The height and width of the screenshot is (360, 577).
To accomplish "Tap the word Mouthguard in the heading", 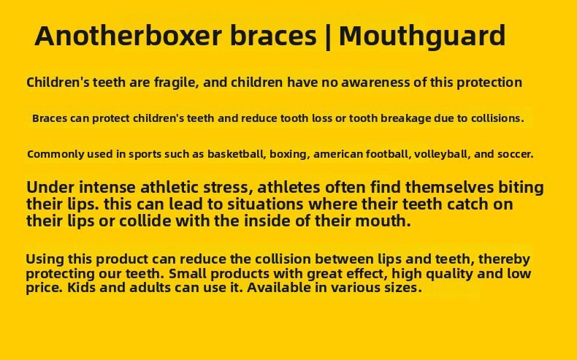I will [x=422, y=35].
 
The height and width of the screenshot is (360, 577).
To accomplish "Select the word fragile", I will [x=175, y=82].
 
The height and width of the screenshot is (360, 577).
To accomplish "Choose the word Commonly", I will [x=53, y=154].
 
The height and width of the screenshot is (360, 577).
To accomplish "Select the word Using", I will [x=45, y=258].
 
